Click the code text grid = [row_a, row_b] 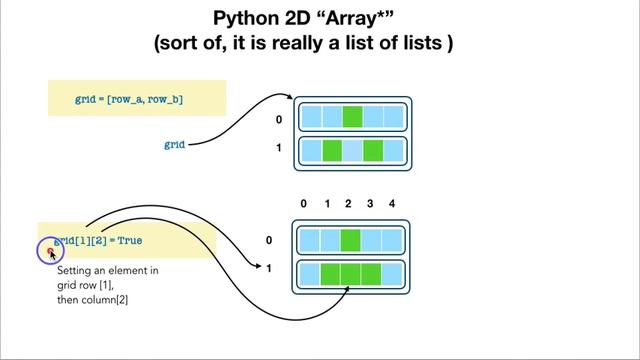(129, 100)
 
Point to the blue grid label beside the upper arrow (175, 145)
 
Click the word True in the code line (130, 241)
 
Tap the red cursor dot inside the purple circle (51, 250)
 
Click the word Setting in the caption (76, 271)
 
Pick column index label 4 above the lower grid (392, 204)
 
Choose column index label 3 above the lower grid (370, 204)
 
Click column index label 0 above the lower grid (304, 204)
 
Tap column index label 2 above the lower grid (348, 204)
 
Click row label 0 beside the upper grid (278, 119)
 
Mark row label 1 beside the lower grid (269, 268)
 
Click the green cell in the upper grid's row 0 (352, 117)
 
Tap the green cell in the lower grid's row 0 (350, 240)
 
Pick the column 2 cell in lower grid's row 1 (350, 272)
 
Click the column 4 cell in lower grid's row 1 (392, 272)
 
